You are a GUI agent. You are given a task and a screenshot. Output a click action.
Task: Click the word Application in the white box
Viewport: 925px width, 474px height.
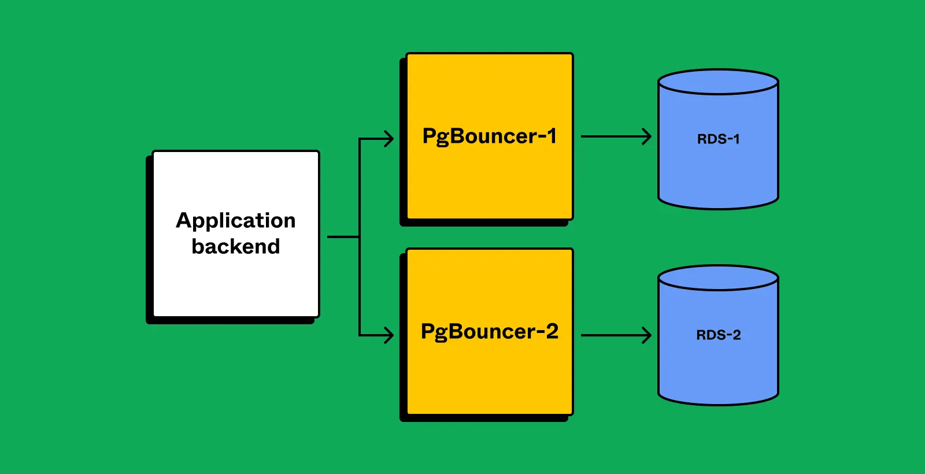pos(235,221)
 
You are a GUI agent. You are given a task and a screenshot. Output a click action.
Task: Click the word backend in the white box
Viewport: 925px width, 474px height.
pos(235,247)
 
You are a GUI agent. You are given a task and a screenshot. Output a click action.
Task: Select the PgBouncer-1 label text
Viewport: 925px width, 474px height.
pos(489,136)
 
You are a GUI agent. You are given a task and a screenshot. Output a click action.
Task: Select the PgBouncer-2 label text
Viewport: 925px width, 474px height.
pos(489,332)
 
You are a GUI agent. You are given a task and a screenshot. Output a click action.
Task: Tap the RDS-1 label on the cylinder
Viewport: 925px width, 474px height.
pos(718,139)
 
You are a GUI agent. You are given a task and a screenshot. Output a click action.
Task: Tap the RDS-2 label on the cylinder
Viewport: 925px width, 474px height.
pos(718,335)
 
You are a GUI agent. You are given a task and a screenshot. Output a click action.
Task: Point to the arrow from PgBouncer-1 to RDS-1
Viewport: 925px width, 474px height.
pos(613,137)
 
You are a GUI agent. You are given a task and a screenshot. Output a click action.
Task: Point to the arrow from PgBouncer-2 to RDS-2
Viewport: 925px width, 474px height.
pos(613,335)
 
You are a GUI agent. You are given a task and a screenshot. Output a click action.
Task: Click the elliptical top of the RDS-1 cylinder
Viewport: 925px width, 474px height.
pos(718,82)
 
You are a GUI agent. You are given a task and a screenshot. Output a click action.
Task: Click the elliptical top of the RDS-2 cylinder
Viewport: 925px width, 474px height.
pos(718,278)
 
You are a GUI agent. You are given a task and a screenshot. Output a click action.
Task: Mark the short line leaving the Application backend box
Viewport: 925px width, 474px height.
pos(343,236)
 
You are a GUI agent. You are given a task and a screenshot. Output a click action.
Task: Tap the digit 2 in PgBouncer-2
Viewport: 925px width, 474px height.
pos(552,332)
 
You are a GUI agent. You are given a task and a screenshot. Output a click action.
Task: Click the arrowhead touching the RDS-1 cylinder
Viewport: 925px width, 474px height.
pos(647,137)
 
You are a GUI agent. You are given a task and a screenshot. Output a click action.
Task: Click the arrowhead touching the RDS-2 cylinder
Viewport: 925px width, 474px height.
pos(647,335)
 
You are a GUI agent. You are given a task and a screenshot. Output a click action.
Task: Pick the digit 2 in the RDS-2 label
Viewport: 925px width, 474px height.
pos(736,335)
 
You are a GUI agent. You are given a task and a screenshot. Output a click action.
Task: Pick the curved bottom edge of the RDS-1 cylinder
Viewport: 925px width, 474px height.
pos(718,208)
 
